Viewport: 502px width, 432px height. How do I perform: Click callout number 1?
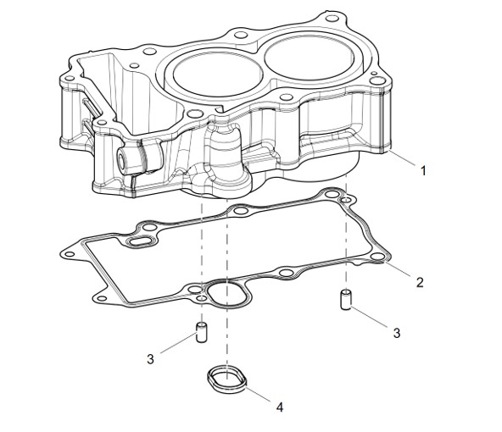pyautogui.click(x=423, y=170)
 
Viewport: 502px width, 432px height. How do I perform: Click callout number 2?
pyautogui.click(x=420, y=282)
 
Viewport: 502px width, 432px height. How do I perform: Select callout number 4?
pyautogui.click(x=280, y=407)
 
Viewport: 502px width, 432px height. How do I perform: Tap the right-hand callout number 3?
pyautogui.click(x=397, y=333)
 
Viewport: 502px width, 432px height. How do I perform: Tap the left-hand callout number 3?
pyautogui.click(x=150, y=359)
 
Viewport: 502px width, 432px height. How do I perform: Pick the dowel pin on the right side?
pyautogui.click(x=345, y=300)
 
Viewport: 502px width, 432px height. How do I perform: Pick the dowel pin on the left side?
pyautogui.click(x=201, y=332)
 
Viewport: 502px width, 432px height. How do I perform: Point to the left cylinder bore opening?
pyautogui.click(x=218, y=74)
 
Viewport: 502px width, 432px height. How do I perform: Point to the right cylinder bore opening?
pyautogui.click(x=309, y=56)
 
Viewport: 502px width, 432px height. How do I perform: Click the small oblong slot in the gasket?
pyautogui.click(x=141, y=241)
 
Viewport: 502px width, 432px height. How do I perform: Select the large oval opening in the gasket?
pyautogui.click(x=227, y=294)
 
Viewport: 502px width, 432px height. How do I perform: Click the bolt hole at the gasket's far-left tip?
pyautogui.click(x=69, y=254)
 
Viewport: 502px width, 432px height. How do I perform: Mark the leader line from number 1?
pyautogui.click(x=403, y=158)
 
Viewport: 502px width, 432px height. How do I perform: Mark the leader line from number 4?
pyautogui.click(x=259, y=394)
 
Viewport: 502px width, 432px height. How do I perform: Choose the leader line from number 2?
pyautogui.click(x=398, y=269)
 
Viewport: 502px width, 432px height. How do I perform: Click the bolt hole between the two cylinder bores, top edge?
pyautogui.click(x=241, y=35)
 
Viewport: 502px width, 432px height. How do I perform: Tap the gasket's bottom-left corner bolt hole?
pyautogui.click(x=102, y=299)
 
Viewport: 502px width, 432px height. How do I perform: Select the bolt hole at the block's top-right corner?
pyautogui.click(x=332, y=19)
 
